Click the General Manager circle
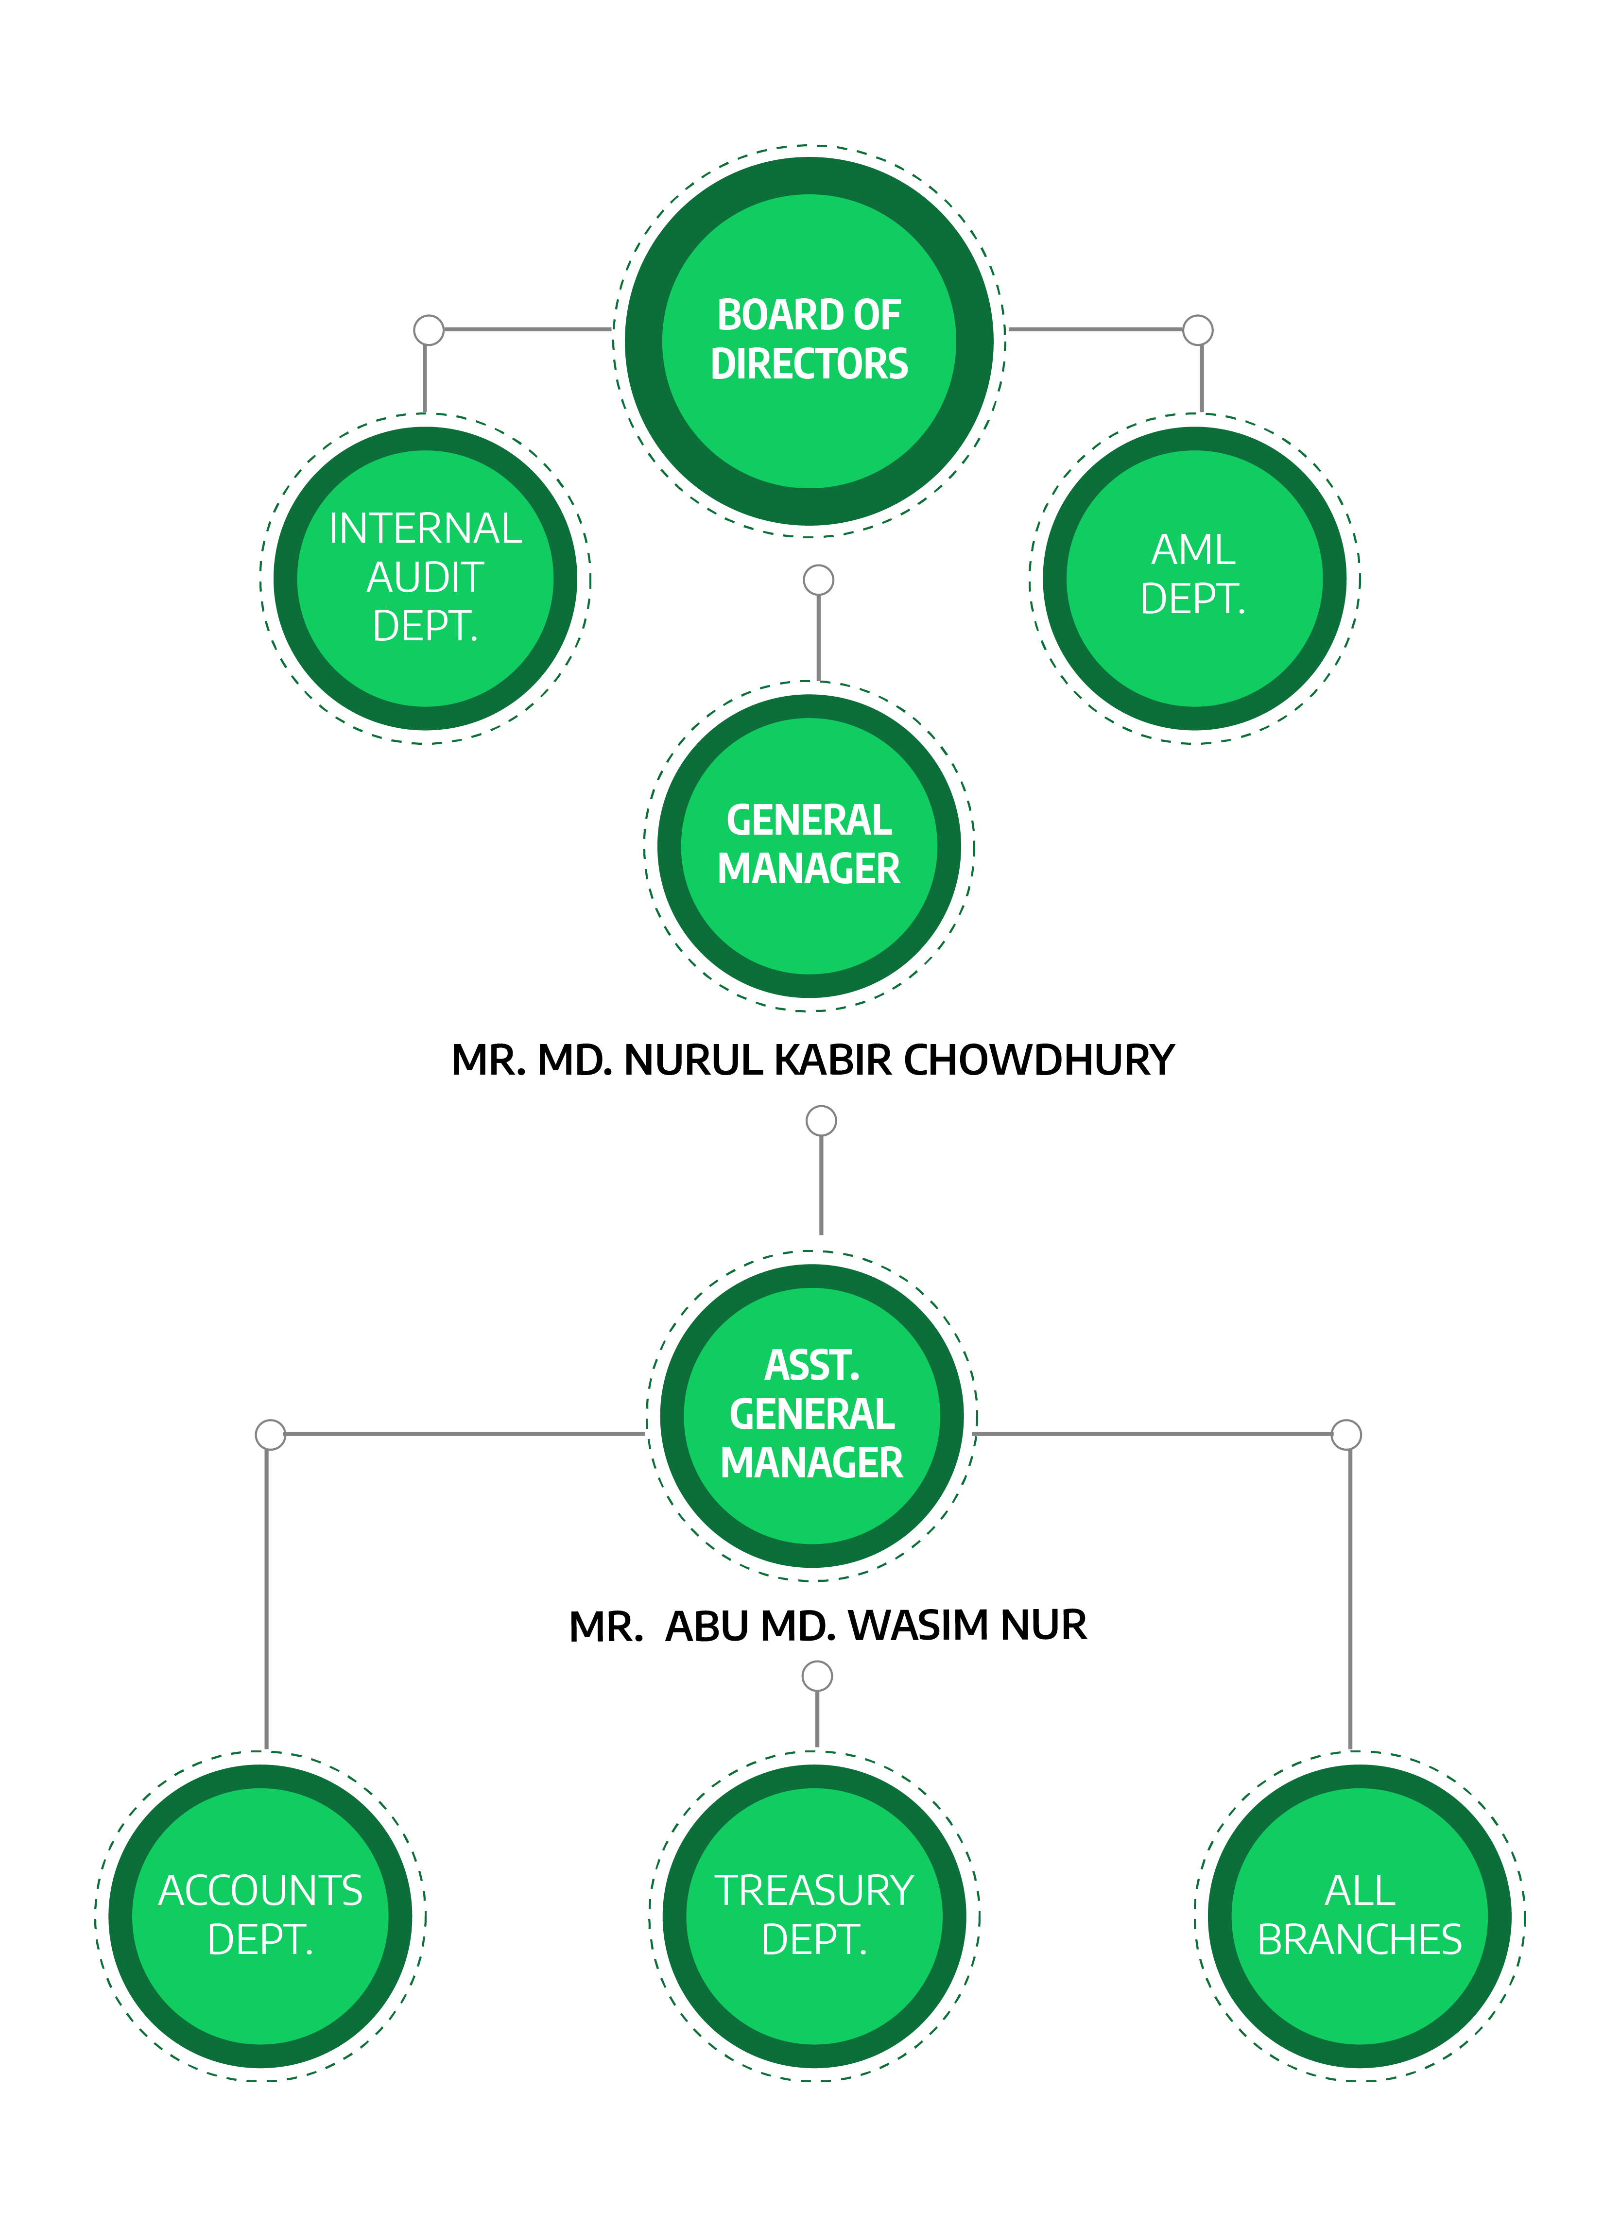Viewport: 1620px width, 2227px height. pyautogui.click(x=809, y=845)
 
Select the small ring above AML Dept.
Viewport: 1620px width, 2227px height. pyautogui.click(x=1198, y=330)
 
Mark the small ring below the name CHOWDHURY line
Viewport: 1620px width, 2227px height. pyautogui.click(x=821, y=1120)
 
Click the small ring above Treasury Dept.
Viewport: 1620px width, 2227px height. pyautogui.click(x=817, y=1676)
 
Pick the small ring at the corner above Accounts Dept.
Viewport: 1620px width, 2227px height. pyautogui.click(x=270, y=1435)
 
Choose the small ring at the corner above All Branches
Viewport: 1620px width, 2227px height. pyautogui.click(x=1346, y=1435)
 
